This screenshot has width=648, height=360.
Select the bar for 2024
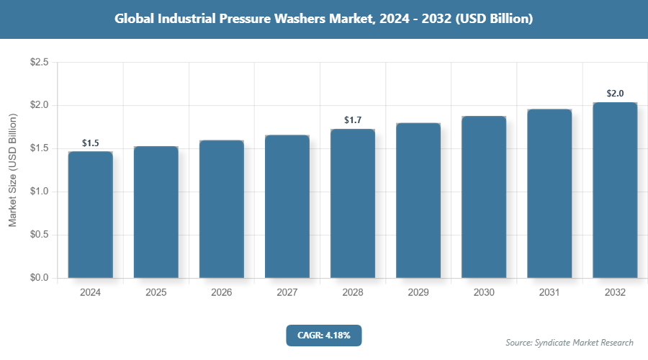pyautogui.click(x=90, y=215)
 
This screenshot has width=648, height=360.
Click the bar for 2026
pyautogui.click(x=221, y=209)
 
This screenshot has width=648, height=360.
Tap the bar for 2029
pyautogui.click(x=418, y=200)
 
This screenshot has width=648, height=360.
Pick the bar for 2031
pyautogui.click(x=549, y=193)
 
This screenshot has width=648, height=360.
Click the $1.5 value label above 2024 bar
pyautogui.click(x=90, y=143)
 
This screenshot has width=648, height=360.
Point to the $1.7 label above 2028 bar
pyautogui.click(x=353, y=120)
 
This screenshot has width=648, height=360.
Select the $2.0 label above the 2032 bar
pyautogui.click(x=615, y=94)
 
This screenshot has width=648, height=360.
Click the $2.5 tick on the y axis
pyautogui.click(x=39, y=63)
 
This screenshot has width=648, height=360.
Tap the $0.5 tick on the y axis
pyautogui.click(x=39, y=235)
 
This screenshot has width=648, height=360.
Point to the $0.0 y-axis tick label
pyautogui.click(x=39, y=278)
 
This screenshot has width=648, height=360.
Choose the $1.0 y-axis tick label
pyautogui.click(x=39, y=192)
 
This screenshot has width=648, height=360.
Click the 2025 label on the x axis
pyautogui.click(x=156, y=293)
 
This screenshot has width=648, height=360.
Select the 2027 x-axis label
pyautogui.click(x=287, y=293)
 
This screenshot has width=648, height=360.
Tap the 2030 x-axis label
pyautogui.click(x=484, y=293)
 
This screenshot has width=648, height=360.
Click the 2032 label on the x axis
pyautogui.click(x=615, y=293)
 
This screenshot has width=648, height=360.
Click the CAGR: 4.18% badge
pyautogui.click(x=323, y=335)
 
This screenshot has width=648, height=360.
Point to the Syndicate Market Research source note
pyautogui.click(x=570, y=343)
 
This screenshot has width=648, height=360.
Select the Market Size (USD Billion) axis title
pyautogui.click(x=12, y=171)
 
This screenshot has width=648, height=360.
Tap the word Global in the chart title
pyautogui.click(x=136, y=19)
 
